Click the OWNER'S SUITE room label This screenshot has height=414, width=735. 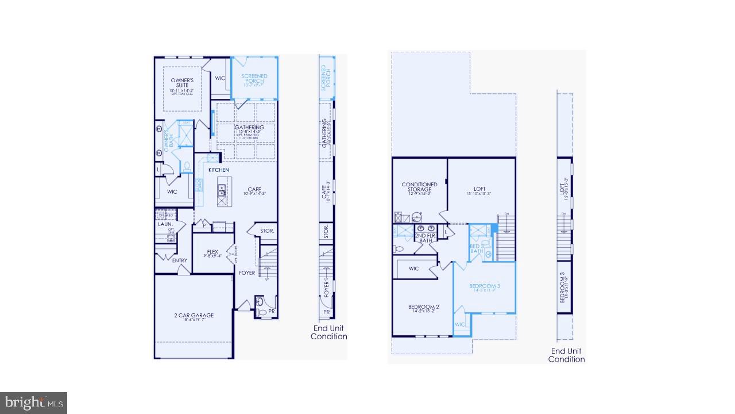click(182, 82)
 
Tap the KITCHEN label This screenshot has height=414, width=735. click(218, 170)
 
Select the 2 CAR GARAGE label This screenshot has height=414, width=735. click(194, 315)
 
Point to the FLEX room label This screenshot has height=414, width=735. click(212, 252)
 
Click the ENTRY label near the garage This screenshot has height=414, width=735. click(180, 260)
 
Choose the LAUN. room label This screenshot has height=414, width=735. click(165, 224)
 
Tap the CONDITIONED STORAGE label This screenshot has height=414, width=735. click(419, 187)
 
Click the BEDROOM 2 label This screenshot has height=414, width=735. click(424, 307)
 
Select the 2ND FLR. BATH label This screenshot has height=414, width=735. click(425, 238)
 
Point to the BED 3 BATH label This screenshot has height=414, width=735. click(477, 248)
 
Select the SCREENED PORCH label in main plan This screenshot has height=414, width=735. click(254, 79)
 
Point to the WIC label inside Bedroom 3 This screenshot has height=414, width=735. click(460, 324)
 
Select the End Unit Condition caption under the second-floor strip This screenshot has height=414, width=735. click(566, 355)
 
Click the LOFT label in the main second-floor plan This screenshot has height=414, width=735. click(479, 189)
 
